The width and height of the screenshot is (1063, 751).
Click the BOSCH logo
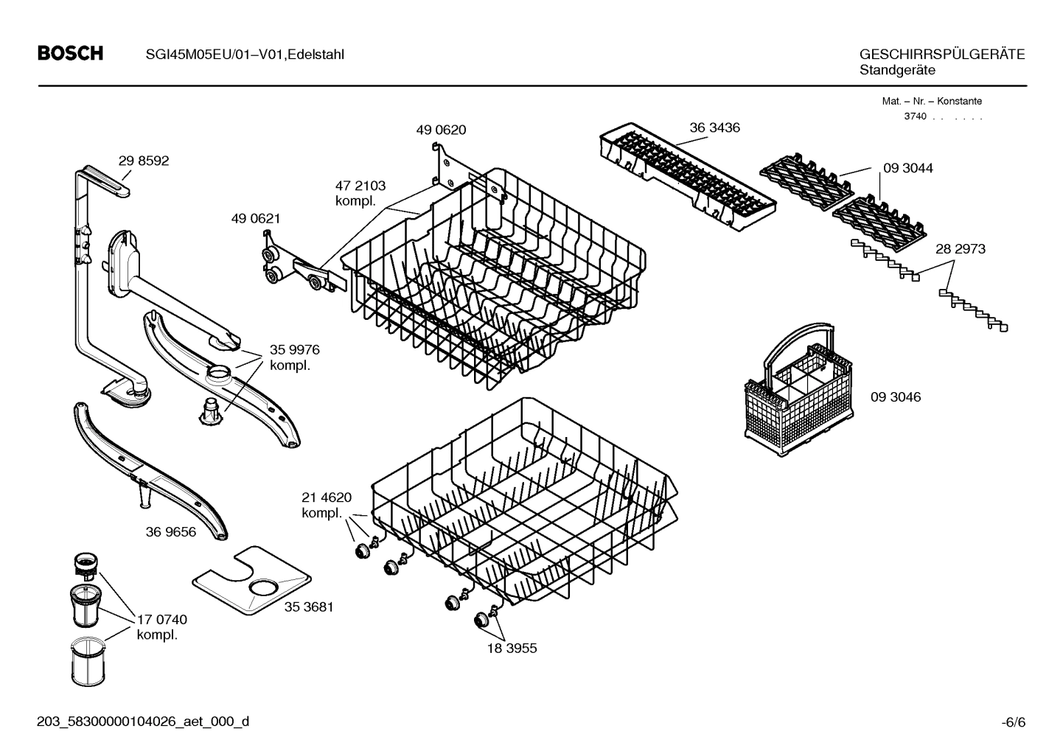click(x=70, y=54)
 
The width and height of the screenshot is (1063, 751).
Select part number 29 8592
click(x=144, y=161)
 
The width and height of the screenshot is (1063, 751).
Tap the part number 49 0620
click(x=441, y=130)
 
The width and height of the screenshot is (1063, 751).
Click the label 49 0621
click(x=255, y=219)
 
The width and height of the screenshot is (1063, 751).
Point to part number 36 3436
click(x=714, y=128)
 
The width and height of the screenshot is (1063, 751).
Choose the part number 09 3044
click(x=907, y=168)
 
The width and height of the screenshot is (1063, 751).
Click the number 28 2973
click(x=960, y=249)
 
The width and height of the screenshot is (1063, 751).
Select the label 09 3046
click(x=895, y=397)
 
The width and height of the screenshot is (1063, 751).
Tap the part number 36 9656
click(x=170, y=531)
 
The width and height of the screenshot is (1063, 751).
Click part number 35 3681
click(x=309, y=607)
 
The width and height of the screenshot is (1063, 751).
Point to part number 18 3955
click(x=512, y=649)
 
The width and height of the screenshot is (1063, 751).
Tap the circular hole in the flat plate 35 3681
click(x=263, y=587)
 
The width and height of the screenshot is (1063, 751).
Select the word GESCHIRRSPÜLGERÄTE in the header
click(x=941, y=55)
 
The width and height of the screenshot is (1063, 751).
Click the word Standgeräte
click(x=896, y=70)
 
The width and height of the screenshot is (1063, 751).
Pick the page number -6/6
click(x=1013, y=722)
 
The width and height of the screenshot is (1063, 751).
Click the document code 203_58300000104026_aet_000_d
click(x=143, y=722)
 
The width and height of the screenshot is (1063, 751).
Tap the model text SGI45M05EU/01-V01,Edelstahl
click(x=240, y=55)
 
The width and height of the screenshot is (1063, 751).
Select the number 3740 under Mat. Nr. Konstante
click(x=915, y=116)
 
